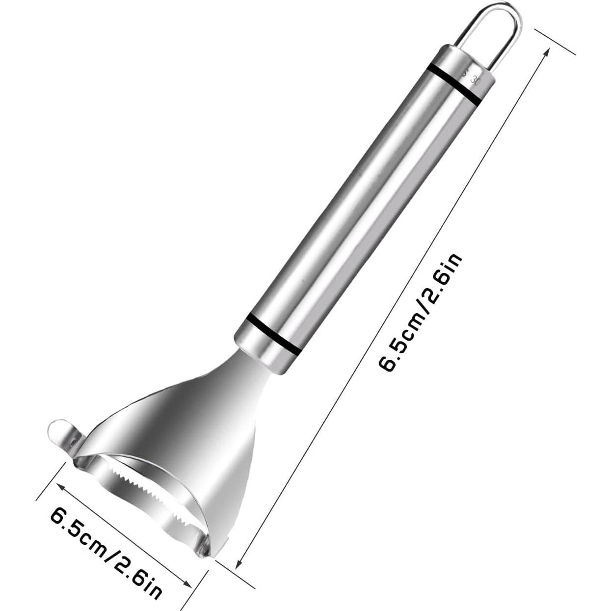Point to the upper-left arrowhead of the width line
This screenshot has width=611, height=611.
(61, 487)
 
